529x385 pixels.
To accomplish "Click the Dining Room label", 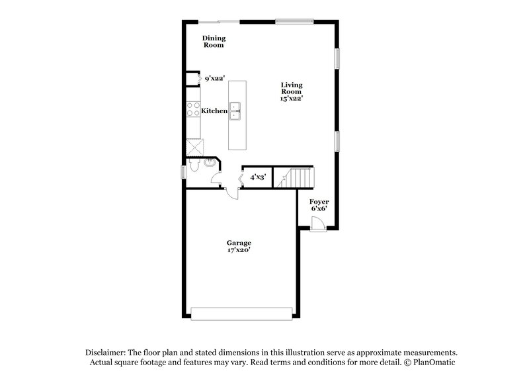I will [x=213, y=42].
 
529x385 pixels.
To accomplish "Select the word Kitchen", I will [x=214, y=111].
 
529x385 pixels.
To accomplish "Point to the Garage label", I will [x=239, y=243].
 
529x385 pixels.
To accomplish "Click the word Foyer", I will [x=319, y=201].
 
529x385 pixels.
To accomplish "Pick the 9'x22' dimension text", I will [x=215, y=79].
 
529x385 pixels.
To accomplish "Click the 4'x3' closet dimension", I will [x=257, y=177].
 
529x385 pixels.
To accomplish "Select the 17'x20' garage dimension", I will [x=239, y=250].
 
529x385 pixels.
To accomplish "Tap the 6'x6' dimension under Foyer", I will [x=319, y=208].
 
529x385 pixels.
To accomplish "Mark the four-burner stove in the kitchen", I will [x=193, y=109].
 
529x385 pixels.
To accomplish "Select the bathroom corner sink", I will [x=212, y=164].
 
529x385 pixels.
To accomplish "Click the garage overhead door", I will [x=241, y=312].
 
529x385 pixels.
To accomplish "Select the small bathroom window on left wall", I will [x=184, y=172].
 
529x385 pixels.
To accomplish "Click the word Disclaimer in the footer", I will [x=106, y=353].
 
